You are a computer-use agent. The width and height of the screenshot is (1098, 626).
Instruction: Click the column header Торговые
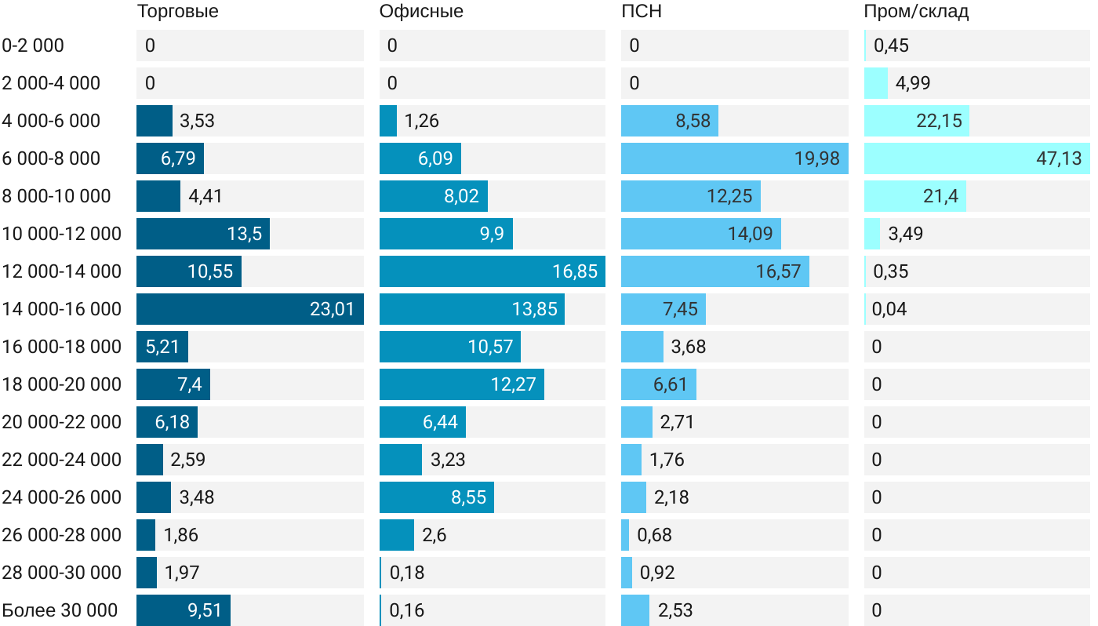[x=177, y=11]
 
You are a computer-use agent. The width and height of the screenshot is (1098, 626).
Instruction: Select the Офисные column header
[x=421, y=11]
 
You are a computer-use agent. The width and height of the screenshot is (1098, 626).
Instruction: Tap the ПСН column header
[x=636, y=11]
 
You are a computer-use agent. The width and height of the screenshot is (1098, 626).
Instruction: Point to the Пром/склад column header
[x=916, y=11]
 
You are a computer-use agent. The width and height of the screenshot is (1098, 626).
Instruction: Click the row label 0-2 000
[x=33, y=45]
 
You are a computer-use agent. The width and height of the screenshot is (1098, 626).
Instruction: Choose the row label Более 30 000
[x=60, y=610]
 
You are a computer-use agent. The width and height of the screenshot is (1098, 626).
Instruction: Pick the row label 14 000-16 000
[x=62, y=309]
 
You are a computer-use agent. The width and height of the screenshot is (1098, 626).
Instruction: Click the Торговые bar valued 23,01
[x=249, y=309]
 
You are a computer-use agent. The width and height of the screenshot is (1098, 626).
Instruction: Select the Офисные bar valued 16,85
[x=492, y=271]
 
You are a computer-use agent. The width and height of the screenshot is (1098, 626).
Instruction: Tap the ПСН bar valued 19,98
[x=734, y=158]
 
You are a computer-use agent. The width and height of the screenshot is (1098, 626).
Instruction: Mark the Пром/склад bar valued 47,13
[x=976, y=158]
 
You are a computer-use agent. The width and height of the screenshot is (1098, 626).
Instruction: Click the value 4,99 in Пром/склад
[x=913, y=83]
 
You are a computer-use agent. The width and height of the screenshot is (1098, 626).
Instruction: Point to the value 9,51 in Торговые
[x=205, y=610]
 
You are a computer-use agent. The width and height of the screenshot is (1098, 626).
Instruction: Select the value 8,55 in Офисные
[x=469, y=497]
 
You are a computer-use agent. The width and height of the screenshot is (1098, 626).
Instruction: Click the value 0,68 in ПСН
[x=654, y=535]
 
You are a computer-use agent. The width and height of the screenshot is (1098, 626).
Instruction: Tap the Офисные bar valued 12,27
[x=461, y=384]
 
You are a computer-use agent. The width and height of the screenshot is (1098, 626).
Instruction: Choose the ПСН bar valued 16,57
[x=714, y=271]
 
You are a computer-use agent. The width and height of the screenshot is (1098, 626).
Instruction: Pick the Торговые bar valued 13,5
[x=202, y=234]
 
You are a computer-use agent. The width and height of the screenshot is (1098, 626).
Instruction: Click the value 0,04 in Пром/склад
[x=889, y=309]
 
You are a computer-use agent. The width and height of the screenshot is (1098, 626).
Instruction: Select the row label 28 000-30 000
[x=62, y=573]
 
